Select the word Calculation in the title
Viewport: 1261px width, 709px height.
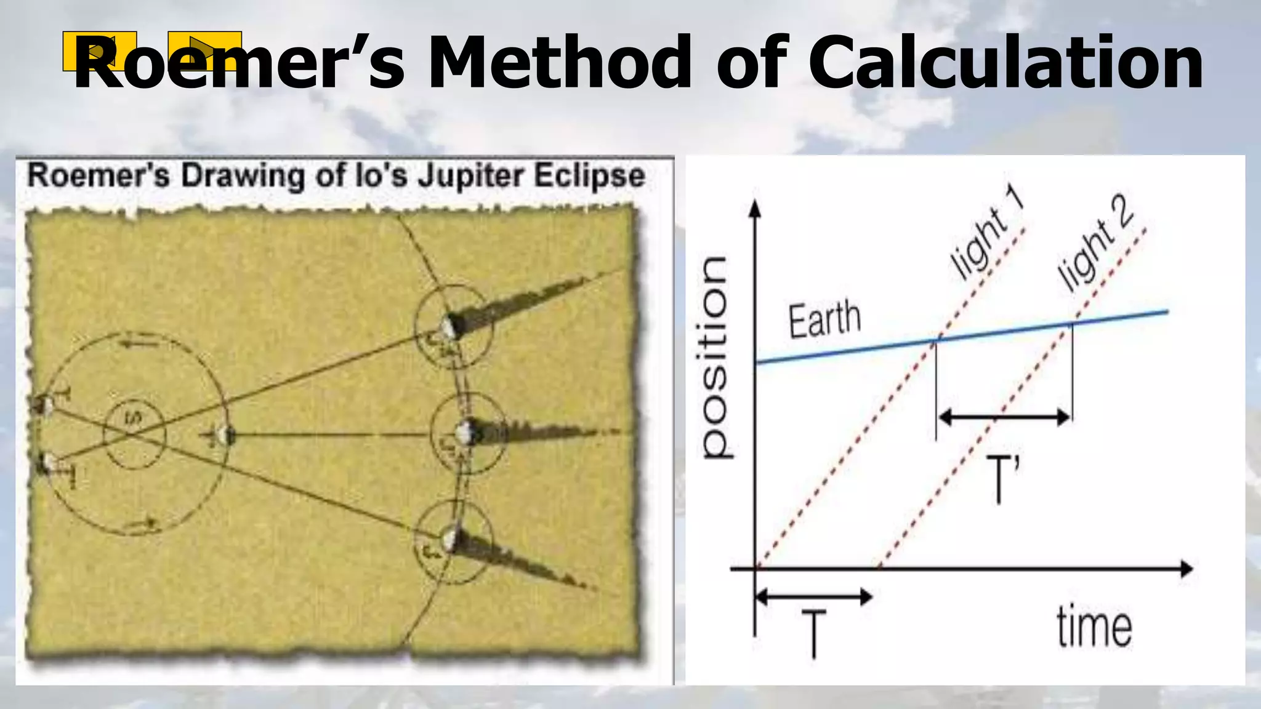[x=1005, y=63]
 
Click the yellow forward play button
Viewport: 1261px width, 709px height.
[x=204, y=50]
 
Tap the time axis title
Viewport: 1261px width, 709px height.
[x=1094, y=627]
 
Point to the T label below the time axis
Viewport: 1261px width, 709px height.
[x=813, y=634]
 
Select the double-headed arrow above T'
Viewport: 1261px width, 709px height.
[x=1004, y=418]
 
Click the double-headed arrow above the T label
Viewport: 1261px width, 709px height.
[x=813, y=596]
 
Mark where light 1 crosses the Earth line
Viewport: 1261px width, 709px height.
[x=938, y=339]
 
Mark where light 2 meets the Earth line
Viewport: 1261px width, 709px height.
[x=1071, y=322]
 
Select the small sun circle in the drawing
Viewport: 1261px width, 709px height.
[x=134, y=435]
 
